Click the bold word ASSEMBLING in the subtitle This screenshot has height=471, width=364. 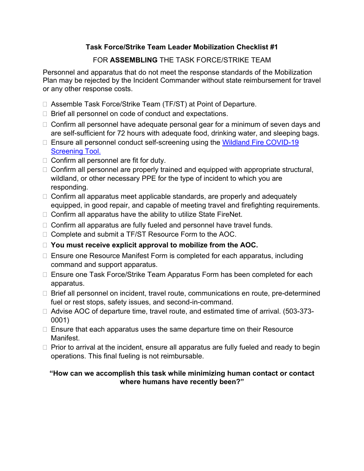(133, 60)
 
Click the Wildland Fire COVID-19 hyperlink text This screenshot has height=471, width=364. (260, 142)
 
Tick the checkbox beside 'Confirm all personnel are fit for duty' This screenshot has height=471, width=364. (45, 161)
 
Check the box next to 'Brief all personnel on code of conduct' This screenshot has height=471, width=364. (45, 114)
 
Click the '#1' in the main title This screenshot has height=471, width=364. (273, 47)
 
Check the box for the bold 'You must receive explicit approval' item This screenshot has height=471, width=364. (45, 245)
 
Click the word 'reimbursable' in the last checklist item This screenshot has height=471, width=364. (184, 356)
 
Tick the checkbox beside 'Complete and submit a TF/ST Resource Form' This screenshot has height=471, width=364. (45, 235)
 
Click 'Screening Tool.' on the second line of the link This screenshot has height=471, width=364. (75, 151)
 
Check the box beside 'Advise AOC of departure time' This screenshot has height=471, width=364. (45, 312)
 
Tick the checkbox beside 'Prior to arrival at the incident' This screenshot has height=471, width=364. (45, 348)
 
